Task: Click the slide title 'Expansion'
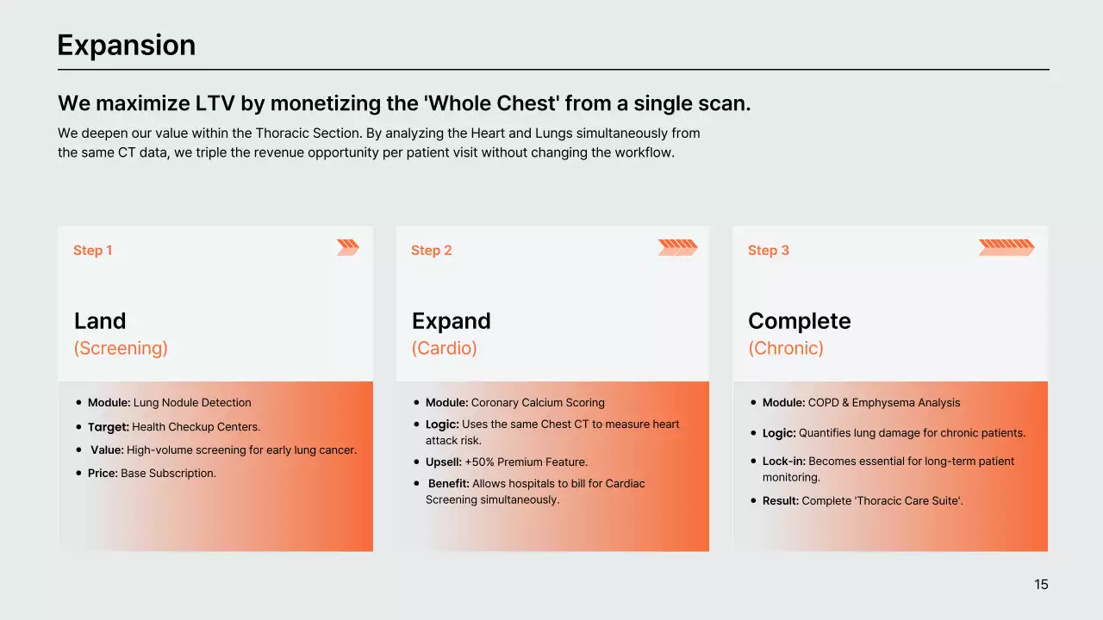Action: (127, 46)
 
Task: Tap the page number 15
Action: (1041, 585)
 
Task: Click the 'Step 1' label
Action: (92, 251)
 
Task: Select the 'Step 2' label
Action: (432, 251)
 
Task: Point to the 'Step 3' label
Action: (768, 251)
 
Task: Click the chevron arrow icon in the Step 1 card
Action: (348, 247)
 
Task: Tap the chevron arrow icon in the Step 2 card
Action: (678, 247)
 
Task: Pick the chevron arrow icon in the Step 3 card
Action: (1006, 247)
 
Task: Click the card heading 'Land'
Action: (100, 321)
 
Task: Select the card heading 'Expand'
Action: (451, 322)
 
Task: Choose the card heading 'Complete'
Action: (799, 322)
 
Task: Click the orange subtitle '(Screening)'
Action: (121, 349)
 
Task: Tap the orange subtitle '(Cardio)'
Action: (444, 349)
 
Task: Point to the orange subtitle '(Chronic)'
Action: (786, 349)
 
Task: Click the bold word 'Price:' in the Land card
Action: (103, 474)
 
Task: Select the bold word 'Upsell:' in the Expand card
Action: (444, 462)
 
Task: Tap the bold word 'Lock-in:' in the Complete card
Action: (784, 462)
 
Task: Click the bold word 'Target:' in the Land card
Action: (109, 427)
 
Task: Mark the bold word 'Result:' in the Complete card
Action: (781, 501)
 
